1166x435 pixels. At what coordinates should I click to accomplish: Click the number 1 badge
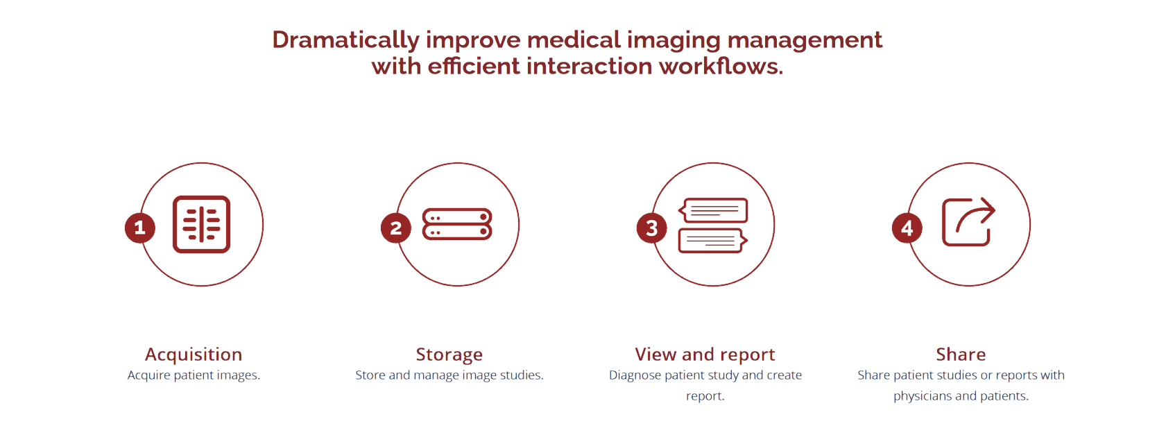pyautogui.click(x=140, y=228)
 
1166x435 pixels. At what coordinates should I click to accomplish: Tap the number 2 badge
pyautogui.click(x=395, y=228)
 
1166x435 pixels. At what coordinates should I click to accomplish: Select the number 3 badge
pyautogui.click(x=652, y=228)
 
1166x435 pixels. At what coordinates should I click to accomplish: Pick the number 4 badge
pyautogui.click(x=907, y=228)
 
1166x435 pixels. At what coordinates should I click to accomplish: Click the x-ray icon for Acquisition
pyautogui.click(x=201, y=224)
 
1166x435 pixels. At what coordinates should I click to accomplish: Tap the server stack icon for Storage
pyautogui.click(x=457, y=224)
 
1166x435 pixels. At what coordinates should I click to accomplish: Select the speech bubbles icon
pyautogui.click(x=713, y=225)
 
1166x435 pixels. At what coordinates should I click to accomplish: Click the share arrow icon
pyautogui.click(x=968, y=222)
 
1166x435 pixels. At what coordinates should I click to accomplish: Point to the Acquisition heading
pyautogui.click(x=194, y=355)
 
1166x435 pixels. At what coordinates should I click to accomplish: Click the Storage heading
pyautogui.click(x=449, y=355)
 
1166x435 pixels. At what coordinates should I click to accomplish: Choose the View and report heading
pyautogui.click(x=705, y=355)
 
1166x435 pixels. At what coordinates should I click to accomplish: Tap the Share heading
pyautogui.click(x=961, y=355)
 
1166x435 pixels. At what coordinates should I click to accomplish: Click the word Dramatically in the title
pyautogui.click(x=345, y=40)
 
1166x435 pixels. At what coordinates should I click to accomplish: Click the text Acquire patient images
pyautogui.click(x=194, y=375)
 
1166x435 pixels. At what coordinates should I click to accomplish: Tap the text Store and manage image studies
pyautogui.click(x=449, y=375)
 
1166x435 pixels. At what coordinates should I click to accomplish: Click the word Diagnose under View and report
pyautogui.click(x=635, y=376)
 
